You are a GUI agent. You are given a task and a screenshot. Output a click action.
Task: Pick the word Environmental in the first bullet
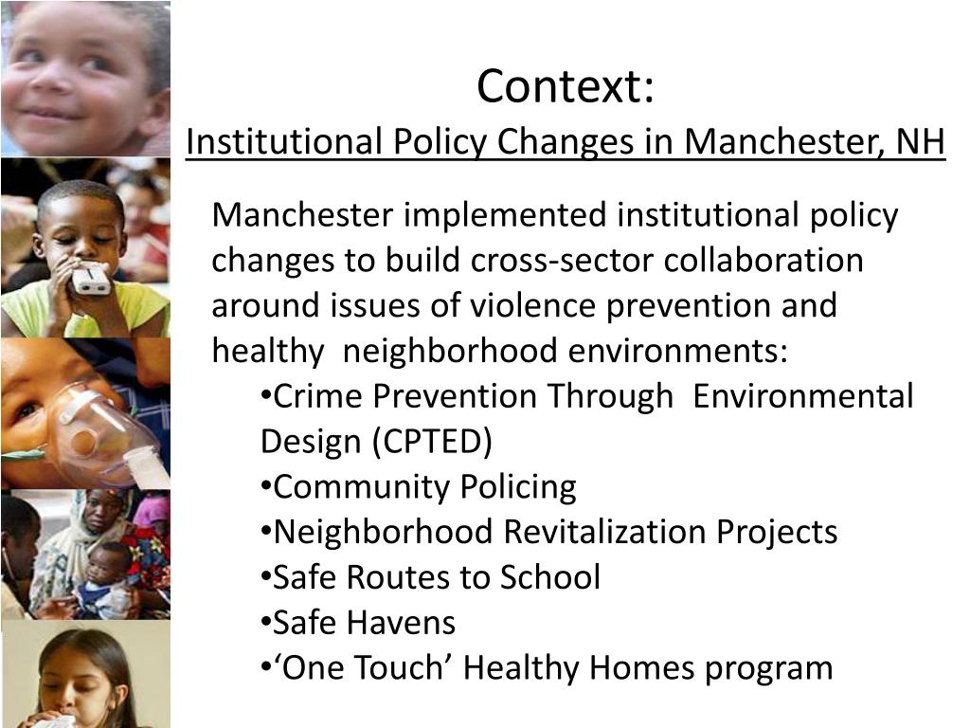click(x=803, y=396)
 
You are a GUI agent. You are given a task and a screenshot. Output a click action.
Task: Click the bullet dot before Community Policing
click(x=265, y=486)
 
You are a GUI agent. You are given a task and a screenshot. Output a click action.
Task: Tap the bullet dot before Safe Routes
click(x=265, y=576)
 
